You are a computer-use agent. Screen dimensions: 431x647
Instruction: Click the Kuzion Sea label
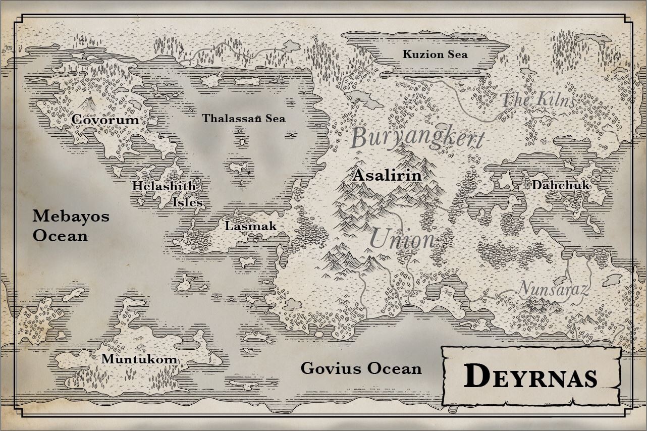pyautogui.click(x=435, y=54)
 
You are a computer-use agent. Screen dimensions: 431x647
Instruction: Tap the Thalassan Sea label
pyautogui.click(x=244, y=119)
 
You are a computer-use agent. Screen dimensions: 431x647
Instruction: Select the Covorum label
pyautogui.click(x=105, y=120)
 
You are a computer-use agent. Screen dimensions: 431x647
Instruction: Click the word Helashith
pyautogui.click(x=164, y=186)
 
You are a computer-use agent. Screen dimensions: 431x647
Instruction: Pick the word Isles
pyautogui.click(x=187, y=203)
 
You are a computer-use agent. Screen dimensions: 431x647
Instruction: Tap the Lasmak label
pyautogui.click(x=251, y=226)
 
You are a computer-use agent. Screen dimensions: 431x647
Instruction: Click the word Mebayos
pyautogui.click(x=71, y=217)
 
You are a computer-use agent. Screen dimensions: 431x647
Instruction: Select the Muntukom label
pyautogui.click(x=140, y=359)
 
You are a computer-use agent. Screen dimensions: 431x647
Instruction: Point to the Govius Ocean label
pyautogui.click(x=361, y=368)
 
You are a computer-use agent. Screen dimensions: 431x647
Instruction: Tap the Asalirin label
pyautogui.click(x=387, y=176)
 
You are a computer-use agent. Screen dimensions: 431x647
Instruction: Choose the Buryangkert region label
pyautogui.click(x=417, y=137)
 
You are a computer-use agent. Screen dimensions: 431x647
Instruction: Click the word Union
pyautogui.click(x=402, y=239)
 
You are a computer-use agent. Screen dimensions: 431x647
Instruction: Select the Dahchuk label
pyautogui.click(x=560, y=185)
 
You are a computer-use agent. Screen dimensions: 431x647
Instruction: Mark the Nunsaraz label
pyautogui.click(x=554, y=289)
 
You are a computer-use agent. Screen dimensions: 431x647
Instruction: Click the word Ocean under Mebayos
pyautogui.click(x=60, y=236)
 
